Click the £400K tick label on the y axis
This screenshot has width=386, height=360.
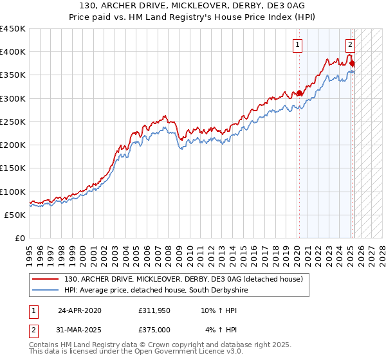(x=13, y=52)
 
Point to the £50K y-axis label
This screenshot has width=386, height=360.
(x=15, y=215)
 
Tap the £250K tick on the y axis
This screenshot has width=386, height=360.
(x=13, y=122)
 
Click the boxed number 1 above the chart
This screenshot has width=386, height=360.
(x=299, y=45)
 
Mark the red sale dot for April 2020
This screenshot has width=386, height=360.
(x=299, y=93)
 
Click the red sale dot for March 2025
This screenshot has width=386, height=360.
(x=353, y=64)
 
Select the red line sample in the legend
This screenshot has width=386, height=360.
(x=46, y=280)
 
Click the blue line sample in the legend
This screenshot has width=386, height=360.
(x=46, y=291)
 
